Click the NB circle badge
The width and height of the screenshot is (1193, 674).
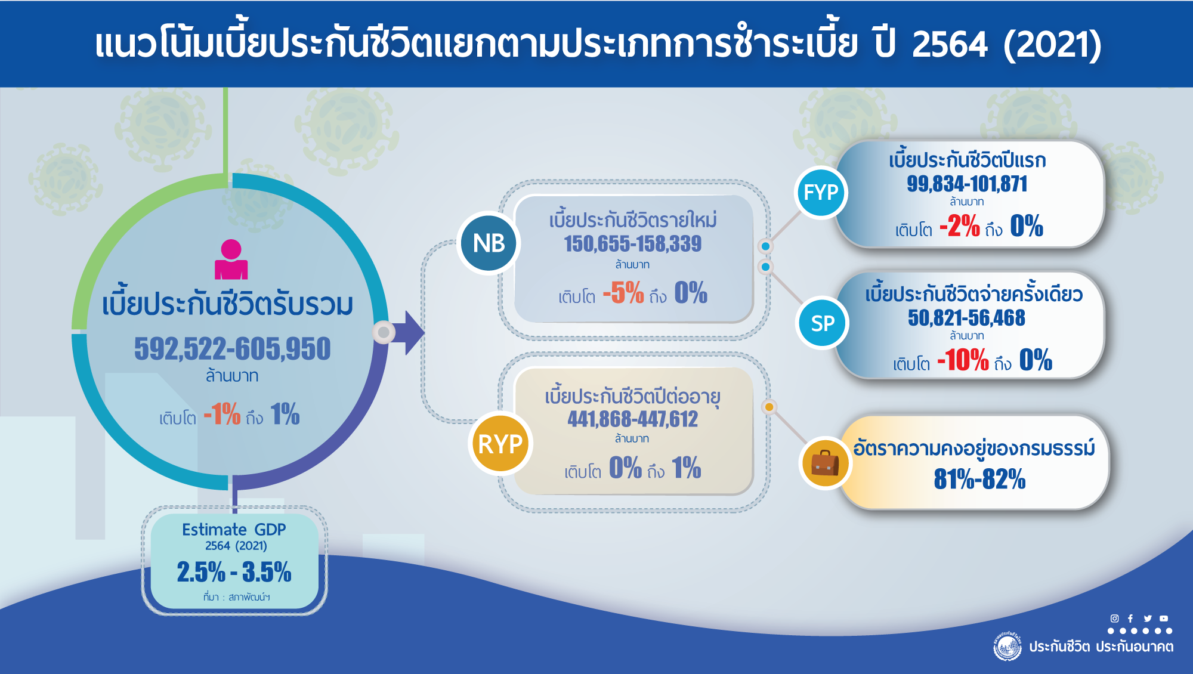[x=489, y=243]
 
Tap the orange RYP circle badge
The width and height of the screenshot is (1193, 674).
[x=500, y=443]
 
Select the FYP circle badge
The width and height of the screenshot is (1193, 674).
[x=821, y=192]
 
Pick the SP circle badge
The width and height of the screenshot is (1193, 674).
[x=823, y=323]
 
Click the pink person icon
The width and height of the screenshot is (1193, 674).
[x=231, y=259]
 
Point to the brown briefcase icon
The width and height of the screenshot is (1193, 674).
[x=825, y=463]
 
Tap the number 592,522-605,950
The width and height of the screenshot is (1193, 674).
[x=232, y=349]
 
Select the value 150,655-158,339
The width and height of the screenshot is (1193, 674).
[x=633, y=244]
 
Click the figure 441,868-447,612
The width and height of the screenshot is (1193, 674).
[x=633, y=419]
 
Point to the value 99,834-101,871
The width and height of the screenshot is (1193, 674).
[x=967, y=184]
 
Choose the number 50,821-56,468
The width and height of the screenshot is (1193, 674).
[x=966, y=318]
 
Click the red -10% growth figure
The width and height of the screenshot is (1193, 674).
[x=963, y=360]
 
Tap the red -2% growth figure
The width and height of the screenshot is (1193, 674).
[x=959, y=226]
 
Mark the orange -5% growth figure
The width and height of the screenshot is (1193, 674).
[x=623, y=293]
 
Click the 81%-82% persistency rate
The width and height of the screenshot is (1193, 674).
[x=979, y=479]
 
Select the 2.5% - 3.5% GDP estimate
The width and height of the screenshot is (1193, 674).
[x=234, y=572]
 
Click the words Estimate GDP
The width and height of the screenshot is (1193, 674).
[x=234, y=529]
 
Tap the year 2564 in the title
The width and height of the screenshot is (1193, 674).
[x=950, y=44]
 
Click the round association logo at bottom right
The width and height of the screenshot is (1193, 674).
[x=1007, y=647]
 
